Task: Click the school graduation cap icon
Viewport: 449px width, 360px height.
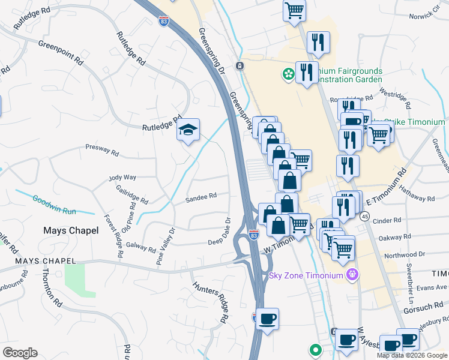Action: (188, 130)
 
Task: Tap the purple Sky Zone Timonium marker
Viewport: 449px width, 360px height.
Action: (352, 275)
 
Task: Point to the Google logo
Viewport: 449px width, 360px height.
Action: (20, 353)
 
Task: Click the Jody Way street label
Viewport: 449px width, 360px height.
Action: (122, 178)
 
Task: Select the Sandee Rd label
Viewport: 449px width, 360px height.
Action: (200, 197)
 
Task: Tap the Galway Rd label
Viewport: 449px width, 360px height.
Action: (140, 245)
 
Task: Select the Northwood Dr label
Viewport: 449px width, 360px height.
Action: (408, 255)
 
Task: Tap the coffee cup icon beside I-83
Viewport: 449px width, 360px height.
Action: (268, 318)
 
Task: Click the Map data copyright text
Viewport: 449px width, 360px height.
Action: (412, 355)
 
